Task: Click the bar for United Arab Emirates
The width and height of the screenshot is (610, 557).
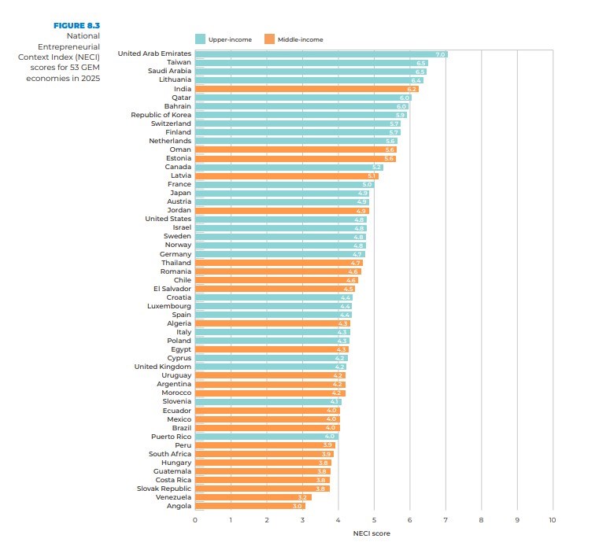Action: click(321, 53)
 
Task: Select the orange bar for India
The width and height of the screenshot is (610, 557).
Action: click(306, 89)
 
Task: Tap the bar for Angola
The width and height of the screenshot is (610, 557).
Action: click(250, 506)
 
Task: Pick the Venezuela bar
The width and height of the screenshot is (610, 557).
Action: click(253, 497)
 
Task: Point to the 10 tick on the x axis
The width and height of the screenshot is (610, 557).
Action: click(553, 520)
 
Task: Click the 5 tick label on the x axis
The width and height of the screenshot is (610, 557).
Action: click(374, 520)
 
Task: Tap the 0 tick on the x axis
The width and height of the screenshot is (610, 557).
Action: click(195, 520)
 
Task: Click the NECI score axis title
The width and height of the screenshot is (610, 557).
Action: click(372, 533)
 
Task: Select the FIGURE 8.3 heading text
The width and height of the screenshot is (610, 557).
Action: click(76, 25)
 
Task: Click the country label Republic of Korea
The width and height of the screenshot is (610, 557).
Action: click(161, 115)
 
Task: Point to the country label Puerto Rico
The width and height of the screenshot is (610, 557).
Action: click(171, 436)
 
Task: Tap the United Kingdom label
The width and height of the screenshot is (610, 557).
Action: click(162, 367)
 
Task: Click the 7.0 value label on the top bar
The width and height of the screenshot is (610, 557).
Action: click(440, 54)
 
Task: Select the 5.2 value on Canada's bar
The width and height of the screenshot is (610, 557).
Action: click(376, 167)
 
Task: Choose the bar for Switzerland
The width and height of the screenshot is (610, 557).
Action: click(298, 124)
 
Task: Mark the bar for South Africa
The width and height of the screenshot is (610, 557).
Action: click(264, 454)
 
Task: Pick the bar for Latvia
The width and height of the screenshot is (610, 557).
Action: click(287, 175)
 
